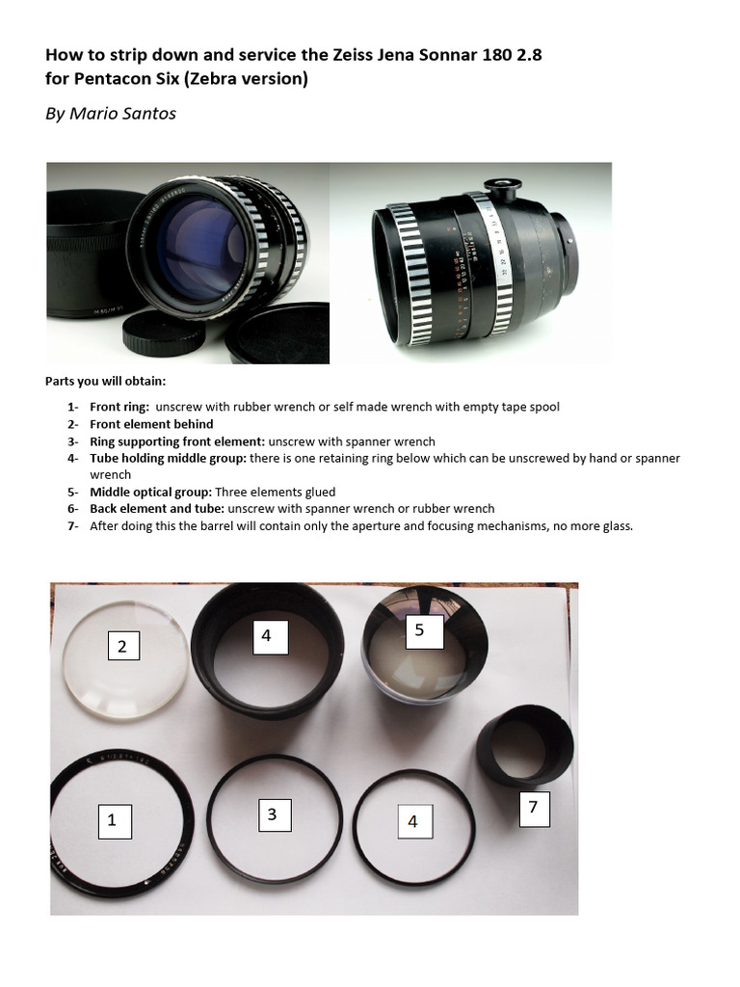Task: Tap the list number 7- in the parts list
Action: [x=73, y=526]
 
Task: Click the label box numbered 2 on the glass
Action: [x=122, y=647]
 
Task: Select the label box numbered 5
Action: [x=419, y=630]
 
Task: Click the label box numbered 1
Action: [x=112, y=820]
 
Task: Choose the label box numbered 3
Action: [x=273, y=814]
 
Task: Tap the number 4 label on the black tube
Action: [x=267, y=635]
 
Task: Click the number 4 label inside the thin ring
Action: [x=413, y=821]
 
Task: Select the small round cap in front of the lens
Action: [x=176, y=331]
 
